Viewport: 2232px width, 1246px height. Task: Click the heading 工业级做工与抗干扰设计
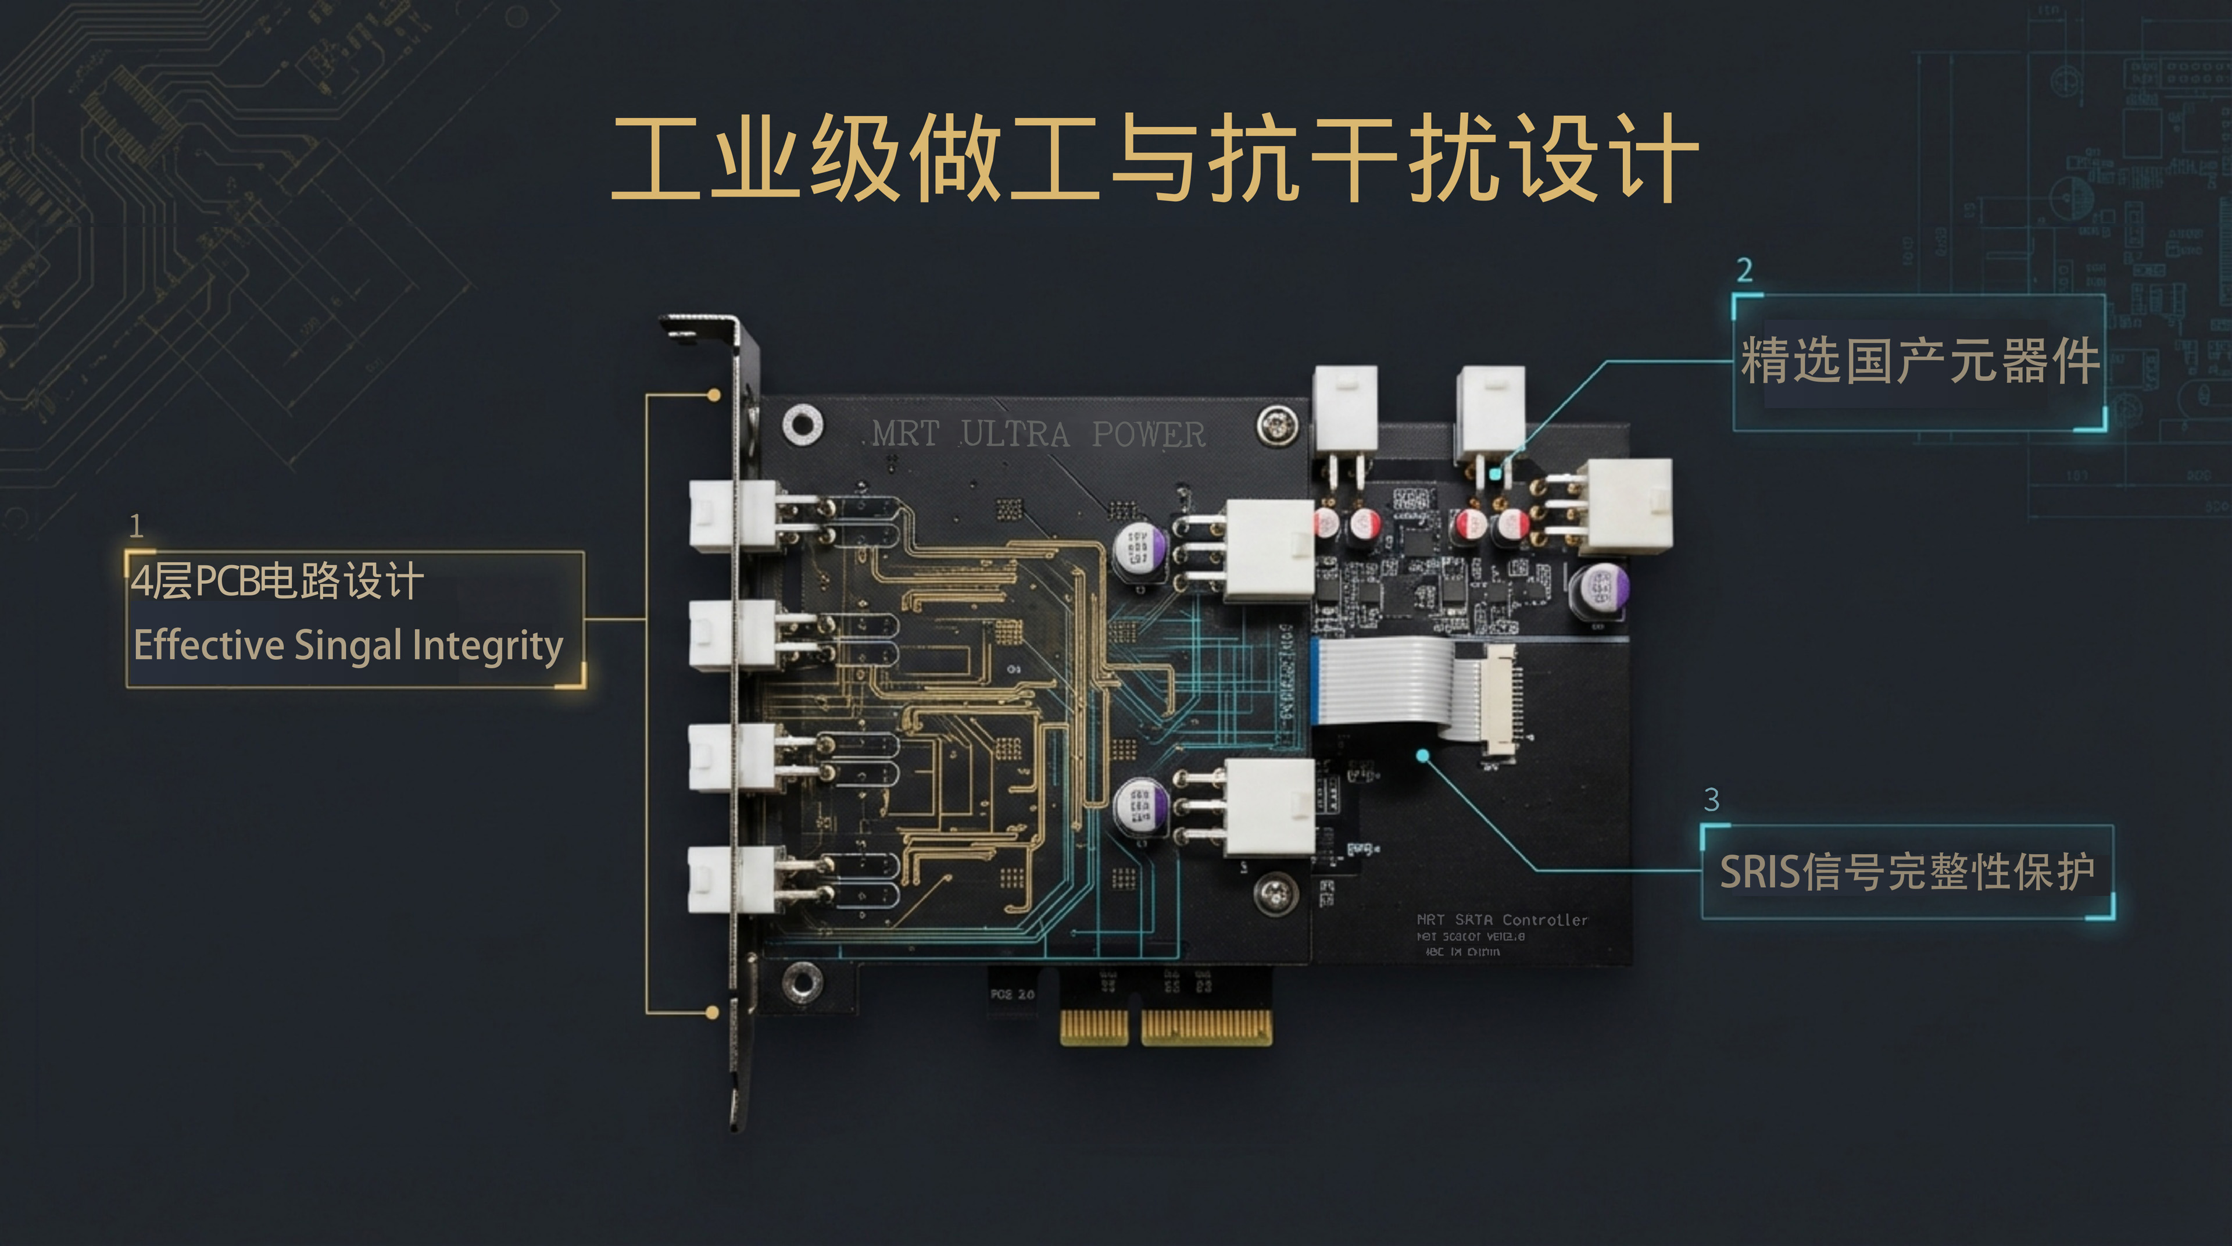tap(1154, 159)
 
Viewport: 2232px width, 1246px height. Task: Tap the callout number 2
tap(1745, 270)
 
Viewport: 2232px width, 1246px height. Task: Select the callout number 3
tap(1711, 799)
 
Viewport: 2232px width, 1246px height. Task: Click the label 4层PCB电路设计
tap(277, 580)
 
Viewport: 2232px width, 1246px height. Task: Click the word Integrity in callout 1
tap(488, 645)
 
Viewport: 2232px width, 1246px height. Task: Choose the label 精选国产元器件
tap(1919, 361)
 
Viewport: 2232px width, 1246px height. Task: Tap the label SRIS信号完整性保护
tap(1907, 872)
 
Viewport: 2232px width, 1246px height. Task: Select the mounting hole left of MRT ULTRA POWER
tap(802, 424)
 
